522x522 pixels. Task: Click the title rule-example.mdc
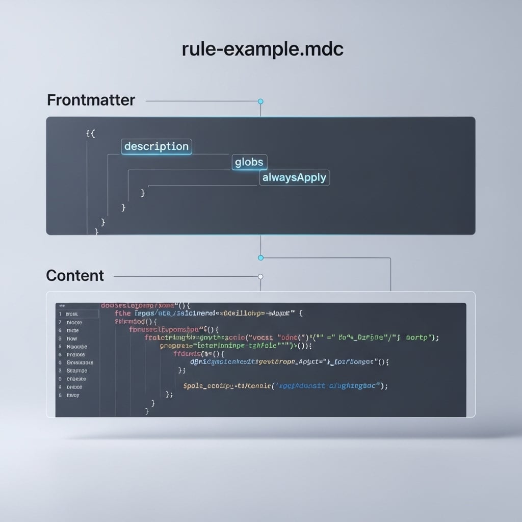(263, 49)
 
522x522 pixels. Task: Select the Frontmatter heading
(91, 100)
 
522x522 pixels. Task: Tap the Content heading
(75, 276)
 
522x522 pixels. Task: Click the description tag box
(156, 147)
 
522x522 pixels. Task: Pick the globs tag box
(249, 163)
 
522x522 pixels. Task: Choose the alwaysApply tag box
(295, 178)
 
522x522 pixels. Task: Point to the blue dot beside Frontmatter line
(260, 101)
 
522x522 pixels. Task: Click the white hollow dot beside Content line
(260, 277)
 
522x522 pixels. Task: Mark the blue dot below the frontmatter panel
(260, 258)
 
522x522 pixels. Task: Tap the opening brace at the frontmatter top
(91, 134)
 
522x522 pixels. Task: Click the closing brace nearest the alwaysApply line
(143, 193)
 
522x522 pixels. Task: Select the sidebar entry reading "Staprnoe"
(76, 371)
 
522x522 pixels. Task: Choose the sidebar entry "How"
(72, 338)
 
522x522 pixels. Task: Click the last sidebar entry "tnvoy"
(72, 395)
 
